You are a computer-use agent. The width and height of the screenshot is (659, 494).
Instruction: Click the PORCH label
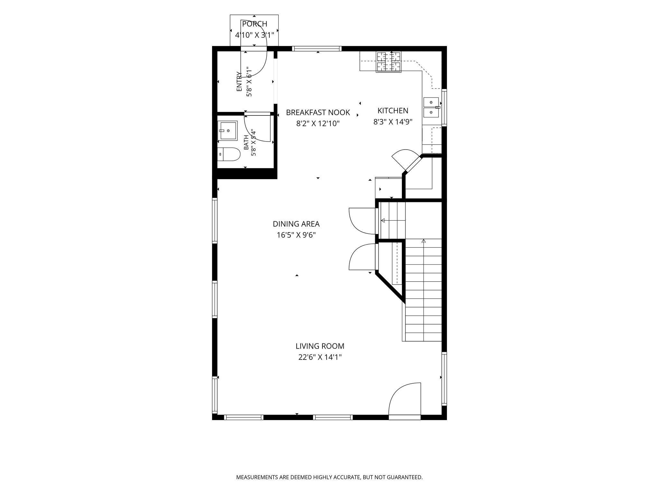point(255,24)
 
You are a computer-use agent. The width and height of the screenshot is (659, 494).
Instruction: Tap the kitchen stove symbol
point(389,62)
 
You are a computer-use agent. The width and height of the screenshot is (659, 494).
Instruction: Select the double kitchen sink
point(431,107)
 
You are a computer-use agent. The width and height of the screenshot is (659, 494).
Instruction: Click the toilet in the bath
point(229,154)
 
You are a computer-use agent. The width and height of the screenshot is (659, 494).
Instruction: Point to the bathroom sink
point(227,131)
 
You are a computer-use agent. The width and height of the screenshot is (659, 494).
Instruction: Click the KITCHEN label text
point(393,111)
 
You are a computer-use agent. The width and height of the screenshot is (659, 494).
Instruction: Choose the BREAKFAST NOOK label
point(318,113)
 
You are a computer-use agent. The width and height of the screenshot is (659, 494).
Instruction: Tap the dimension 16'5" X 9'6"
point(296,235)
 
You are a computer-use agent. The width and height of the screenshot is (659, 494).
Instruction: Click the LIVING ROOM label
point(320,346)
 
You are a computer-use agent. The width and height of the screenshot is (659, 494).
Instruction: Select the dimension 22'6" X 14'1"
point(320,357)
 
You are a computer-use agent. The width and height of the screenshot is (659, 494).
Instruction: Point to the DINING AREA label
point(296,224)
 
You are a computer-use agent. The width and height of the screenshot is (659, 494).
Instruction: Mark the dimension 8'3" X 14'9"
point(393,122)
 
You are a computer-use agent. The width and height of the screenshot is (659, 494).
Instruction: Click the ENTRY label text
point(239,81)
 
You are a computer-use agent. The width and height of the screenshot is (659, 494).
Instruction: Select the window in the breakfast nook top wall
point(317,49)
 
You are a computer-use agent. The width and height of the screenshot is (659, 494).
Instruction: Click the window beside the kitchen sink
point(444,107)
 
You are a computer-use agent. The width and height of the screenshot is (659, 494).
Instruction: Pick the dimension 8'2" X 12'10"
point(318,123)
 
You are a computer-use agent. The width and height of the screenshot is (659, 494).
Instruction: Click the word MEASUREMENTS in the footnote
point(257,477)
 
